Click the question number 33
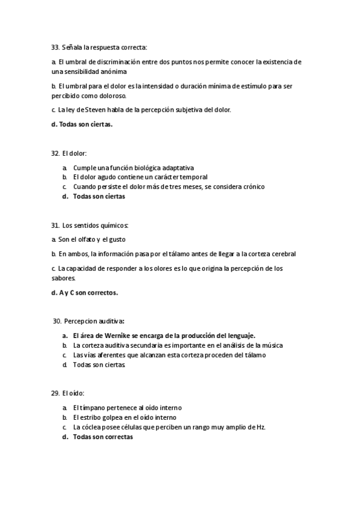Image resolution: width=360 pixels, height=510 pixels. [x=55, y=47]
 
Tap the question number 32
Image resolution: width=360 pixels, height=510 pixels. [x=55, y=153]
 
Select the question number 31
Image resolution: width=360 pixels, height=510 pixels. [x=55, y=226]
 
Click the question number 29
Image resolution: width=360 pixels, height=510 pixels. [x=55, y=393]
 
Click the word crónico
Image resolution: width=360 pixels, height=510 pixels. [x=251, y=186]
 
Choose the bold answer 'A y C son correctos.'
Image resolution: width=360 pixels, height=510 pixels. [x=85, y=293]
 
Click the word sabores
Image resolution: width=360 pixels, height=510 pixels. [x=63, y=278]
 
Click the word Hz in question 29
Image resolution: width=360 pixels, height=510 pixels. [x=260, y=427]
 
